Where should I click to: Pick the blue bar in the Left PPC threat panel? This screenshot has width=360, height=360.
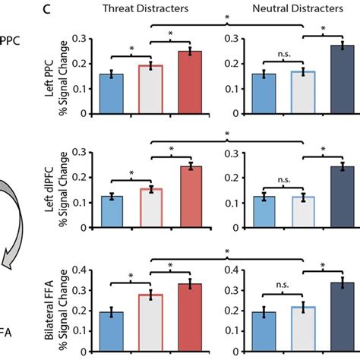tap(112, 93)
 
